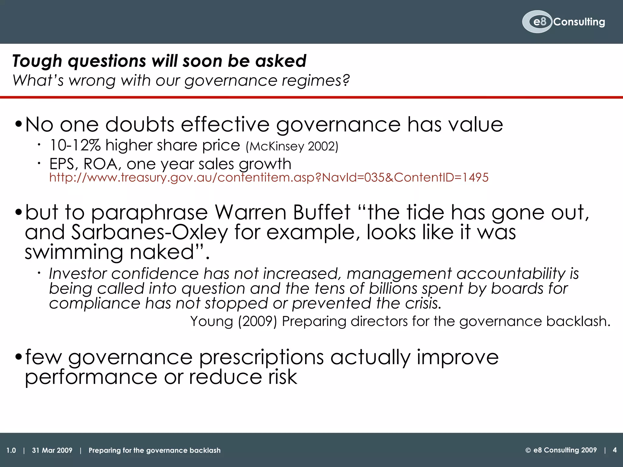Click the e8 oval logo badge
[537, 22]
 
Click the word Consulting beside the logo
[579, 22]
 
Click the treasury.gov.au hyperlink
[269, 177]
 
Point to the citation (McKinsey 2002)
[292, 146]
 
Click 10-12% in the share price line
[75, 145]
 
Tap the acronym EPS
[62, 164]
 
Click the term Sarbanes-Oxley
[149, 233]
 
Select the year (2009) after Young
[257, 321]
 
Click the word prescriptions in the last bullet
[261, 358]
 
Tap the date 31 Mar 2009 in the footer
[52, 450]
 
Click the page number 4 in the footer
[614, 450]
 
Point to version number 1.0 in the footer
[11, 450]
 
